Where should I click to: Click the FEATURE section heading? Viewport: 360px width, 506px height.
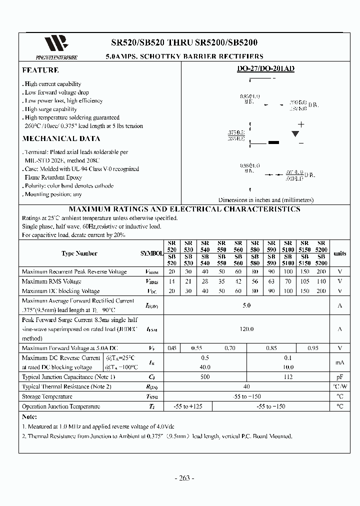click(40, 70)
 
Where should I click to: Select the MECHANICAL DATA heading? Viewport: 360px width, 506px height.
click(61, 139)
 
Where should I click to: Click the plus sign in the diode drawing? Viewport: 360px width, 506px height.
click(301, 124)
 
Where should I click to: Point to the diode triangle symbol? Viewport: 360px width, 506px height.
click(295, 133)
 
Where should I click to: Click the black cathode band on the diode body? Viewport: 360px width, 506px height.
click(273, 142)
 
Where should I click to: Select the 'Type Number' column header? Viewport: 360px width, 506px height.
click(79, 253)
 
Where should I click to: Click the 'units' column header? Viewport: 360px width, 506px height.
click(339, 253)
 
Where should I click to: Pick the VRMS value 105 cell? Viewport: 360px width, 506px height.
click(305, 281)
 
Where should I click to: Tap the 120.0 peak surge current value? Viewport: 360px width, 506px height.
click(246, 329)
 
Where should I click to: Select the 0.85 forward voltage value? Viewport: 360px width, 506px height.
click(271, 348)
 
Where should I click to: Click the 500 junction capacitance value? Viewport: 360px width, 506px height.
click(205, 377)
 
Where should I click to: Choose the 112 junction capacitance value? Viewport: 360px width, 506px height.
click(288, 377)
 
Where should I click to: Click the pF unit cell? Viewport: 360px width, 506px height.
click(339, 377)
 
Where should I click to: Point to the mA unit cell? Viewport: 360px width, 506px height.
click(339, 362)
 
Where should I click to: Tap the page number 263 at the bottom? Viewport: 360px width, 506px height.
click(184, 478)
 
